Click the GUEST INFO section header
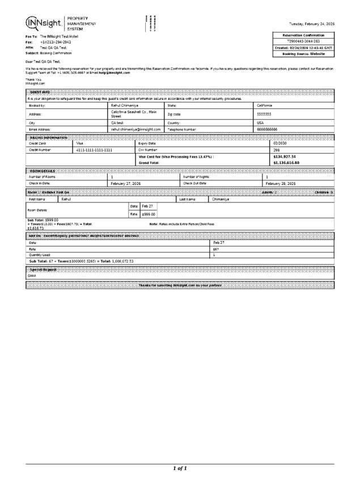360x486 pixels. [x=40, y=92]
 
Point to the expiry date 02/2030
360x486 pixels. [x=281, y=143]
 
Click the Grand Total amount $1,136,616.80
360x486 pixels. [x=286, y=163]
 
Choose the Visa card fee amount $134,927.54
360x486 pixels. [x=285, y=157]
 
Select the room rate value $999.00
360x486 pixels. [x=148, y=214]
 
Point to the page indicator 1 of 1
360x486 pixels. [x=179, y=468]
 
